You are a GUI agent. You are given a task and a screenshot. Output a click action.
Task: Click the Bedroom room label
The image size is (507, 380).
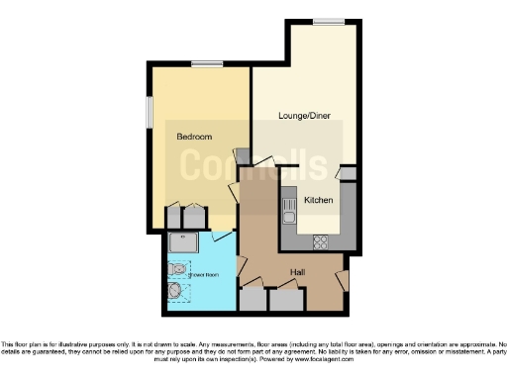click(x=195, y=136)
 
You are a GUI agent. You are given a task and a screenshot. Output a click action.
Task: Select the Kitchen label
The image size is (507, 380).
click(x=318, y=201)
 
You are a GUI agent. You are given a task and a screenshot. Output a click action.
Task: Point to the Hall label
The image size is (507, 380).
click(x=296, y=271)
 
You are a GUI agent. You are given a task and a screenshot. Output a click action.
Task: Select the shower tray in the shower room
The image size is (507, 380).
click(x=182, y=242)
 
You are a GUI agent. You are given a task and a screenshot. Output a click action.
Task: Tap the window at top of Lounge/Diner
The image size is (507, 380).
click(x=329, y=22)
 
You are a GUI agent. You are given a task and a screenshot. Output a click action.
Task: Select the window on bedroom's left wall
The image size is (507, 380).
click(x=149, y=111)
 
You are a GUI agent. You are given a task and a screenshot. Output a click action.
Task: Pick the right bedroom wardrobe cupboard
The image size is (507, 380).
click(x=195, y=218)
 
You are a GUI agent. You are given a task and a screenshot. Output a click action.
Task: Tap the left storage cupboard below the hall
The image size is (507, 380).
click(x=253, y=300)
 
